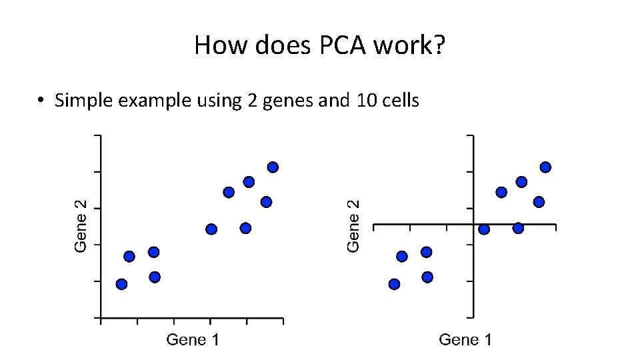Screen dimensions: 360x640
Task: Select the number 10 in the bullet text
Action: [352, 101]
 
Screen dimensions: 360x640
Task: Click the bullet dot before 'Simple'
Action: [41, 101]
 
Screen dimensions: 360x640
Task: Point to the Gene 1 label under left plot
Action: [193, 340]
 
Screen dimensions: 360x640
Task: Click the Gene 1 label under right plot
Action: [465, 340]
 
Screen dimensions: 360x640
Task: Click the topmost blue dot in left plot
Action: [273, 167]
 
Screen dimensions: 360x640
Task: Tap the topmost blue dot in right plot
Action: [545, 167]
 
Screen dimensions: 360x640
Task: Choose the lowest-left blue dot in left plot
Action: [121, 284]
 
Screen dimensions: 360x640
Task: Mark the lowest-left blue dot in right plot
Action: [394, 284]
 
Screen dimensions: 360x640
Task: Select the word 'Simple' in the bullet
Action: [83, 101]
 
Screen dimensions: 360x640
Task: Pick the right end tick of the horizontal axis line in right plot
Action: [555, 227]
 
